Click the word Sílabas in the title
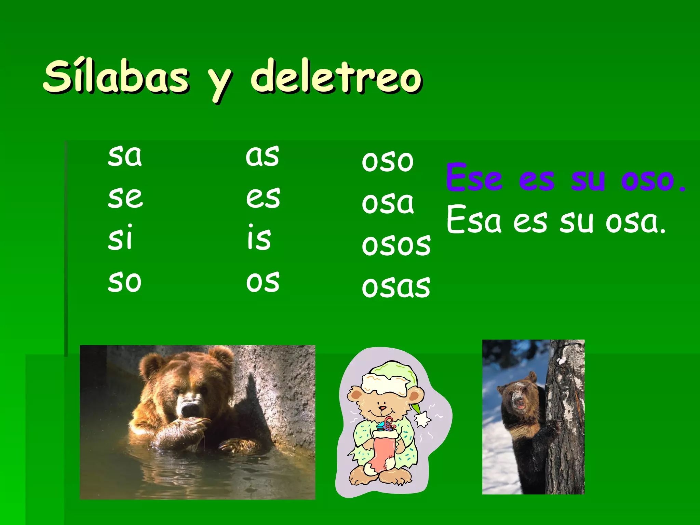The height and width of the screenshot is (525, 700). click(x=116, y=77)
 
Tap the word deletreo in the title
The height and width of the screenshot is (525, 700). click(x=337, y=77)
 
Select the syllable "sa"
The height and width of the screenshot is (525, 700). click(x=125, y=156)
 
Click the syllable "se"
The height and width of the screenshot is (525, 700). click(x=125, y=198)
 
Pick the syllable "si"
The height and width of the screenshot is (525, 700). click(x=120, y=238)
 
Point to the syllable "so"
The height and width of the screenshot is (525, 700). click(x=125, y=282)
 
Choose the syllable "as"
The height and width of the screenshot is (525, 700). click(x=262, y=156)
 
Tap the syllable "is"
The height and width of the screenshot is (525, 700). click(x=259, y=238)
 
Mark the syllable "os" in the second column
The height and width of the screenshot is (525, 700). click(x=263, y=282)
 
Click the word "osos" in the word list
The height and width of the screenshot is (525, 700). click(x=396, y=245)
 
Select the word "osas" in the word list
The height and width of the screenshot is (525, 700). click(x=396, y=286)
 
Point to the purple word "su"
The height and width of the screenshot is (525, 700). click(x=588, y=179)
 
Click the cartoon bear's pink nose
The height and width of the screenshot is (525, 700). click(x=382, y=408)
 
